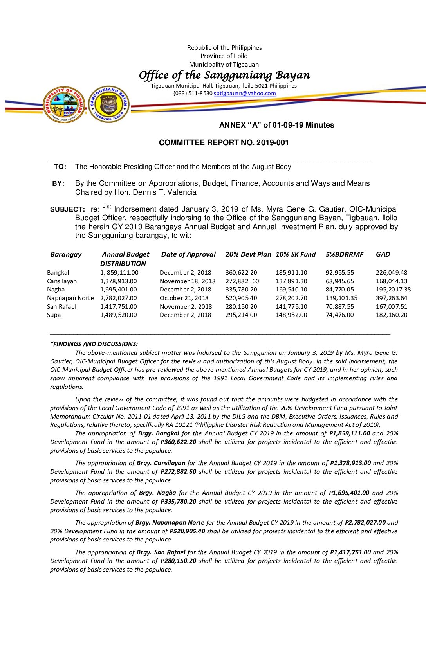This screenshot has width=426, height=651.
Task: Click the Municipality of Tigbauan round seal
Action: tap(64, 105)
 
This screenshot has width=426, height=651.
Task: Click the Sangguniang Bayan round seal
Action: tap(109, 104)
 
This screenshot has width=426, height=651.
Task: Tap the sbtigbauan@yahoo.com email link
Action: tap(245, 94)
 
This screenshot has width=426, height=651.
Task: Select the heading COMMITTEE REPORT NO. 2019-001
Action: tap(224, 143)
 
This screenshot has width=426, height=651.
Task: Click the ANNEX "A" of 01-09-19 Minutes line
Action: tap(276, 125)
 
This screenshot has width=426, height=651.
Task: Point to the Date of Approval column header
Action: tap(188, 255)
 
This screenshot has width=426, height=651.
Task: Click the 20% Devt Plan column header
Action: tap(248, 255)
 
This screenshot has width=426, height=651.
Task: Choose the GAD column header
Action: tap(383, 255)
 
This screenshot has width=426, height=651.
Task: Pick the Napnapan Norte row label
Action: tap(70, 298)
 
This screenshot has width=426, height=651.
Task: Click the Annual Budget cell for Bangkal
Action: tap(119, 273)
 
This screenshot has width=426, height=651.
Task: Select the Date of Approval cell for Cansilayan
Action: tap(188, 281)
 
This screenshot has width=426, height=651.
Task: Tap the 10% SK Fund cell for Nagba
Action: tap(291, 290)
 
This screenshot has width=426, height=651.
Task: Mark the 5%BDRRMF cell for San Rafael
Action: tap(339, 307)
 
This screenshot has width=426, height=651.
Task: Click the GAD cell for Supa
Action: tap(392, 315)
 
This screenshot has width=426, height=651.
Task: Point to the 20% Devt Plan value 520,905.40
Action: tap(241, 298)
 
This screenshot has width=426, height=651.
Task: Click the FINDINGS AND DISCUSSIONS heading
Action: tap(94, 344)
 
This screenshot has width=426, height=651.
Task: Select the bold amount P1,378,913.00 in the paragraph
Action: tap(350, 463)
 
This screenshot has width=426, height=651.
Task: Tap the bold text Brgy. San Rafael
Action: tap(161, 552)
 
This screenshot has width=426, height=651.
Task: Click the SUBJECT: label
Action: tap(67, 210)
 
